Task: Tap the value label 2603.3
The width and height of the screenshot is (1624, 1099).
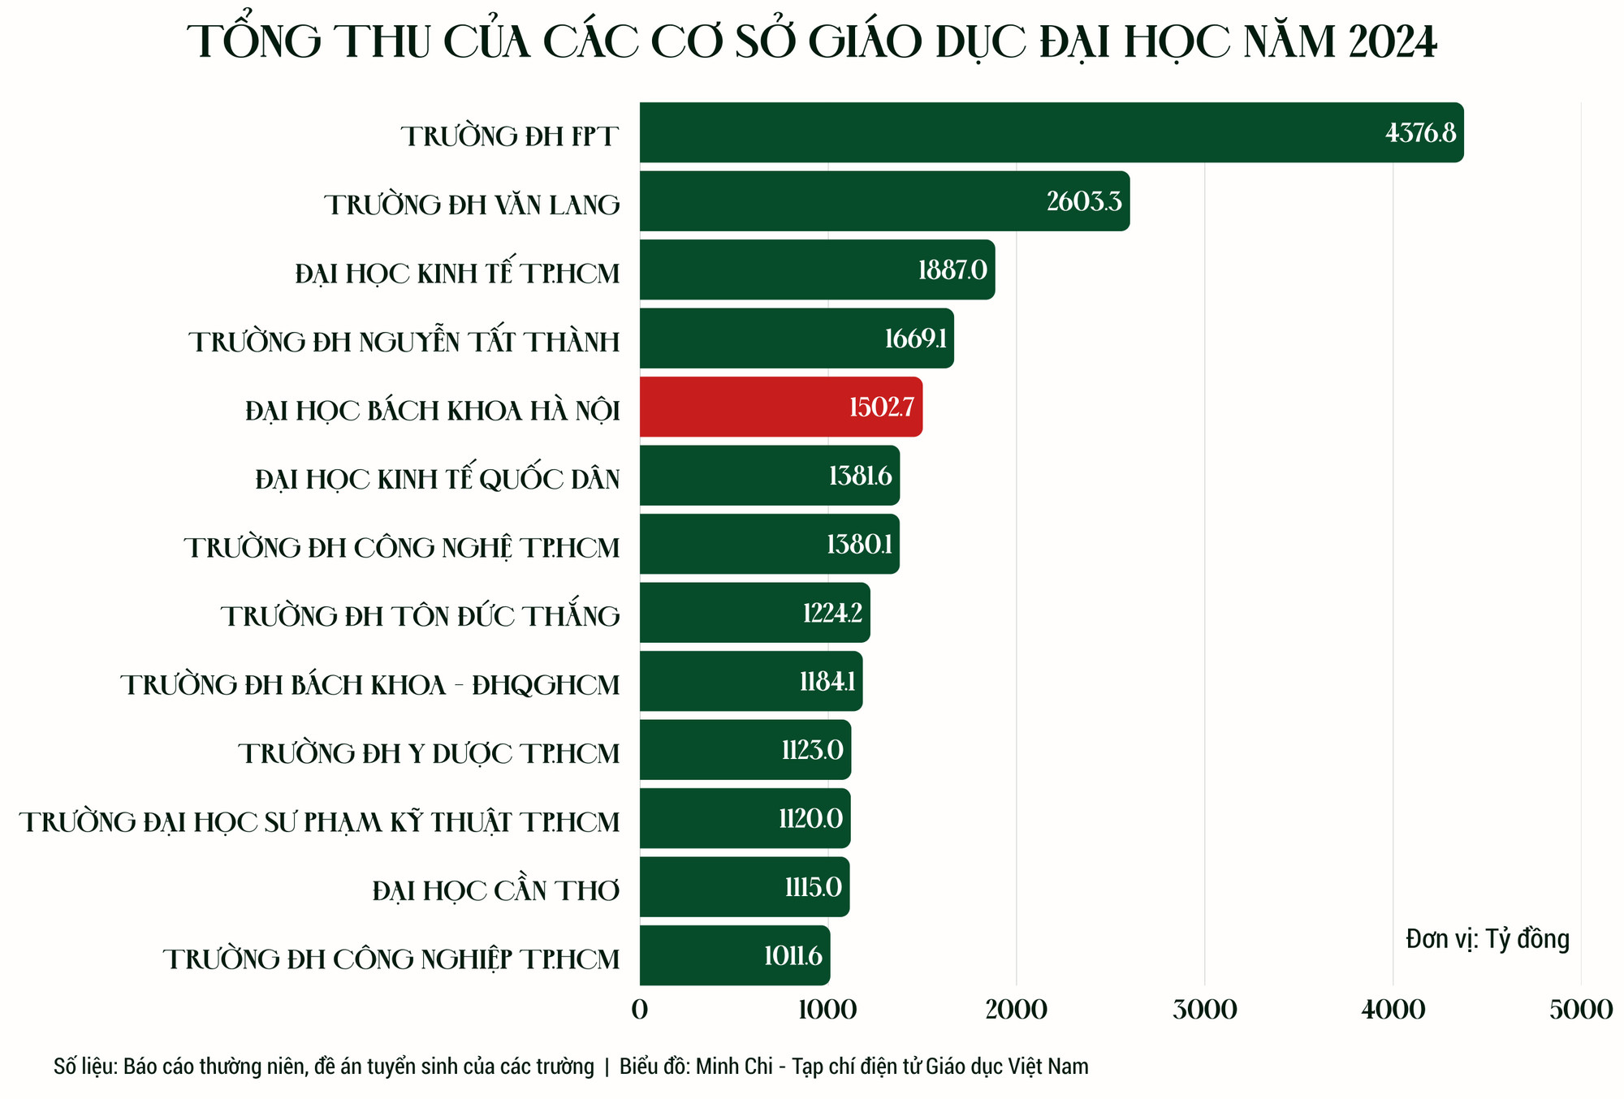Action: (1084, 201)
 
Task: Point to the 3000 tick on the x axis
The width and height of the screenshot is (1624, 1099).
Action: (1205, 1010)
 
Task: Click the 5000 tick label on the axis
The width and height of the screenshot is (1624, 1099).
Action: (1580, 1010)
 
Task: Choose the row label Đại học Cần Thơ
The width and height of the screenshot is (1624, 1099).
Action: (496, 891)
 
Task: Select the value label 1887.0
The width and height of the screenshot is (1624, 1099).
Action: (952, 269)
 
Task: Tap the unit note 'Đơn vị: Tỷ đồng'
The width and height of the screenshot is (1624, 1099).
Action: (1488, 939)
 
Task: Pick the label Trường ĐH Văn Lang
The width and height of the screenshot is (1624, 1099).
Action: (472, 205)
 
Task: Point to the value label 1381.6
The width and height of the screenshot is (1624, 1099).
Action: (860, 476)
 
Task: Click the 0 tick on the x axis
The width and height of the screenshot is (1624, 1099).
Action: (640, 1010)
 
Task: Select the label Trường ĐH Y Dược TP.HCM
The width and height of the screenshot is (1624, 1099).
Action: (429, 754)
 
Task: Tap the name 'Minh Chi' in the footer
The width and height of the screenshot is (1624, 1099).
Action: (734, 1066)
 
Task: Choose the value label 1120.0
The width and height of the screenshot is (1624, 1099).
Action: (810, 818)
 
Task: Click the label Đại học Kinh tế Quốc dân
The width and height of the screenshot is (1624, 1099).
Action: (437, 480)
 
